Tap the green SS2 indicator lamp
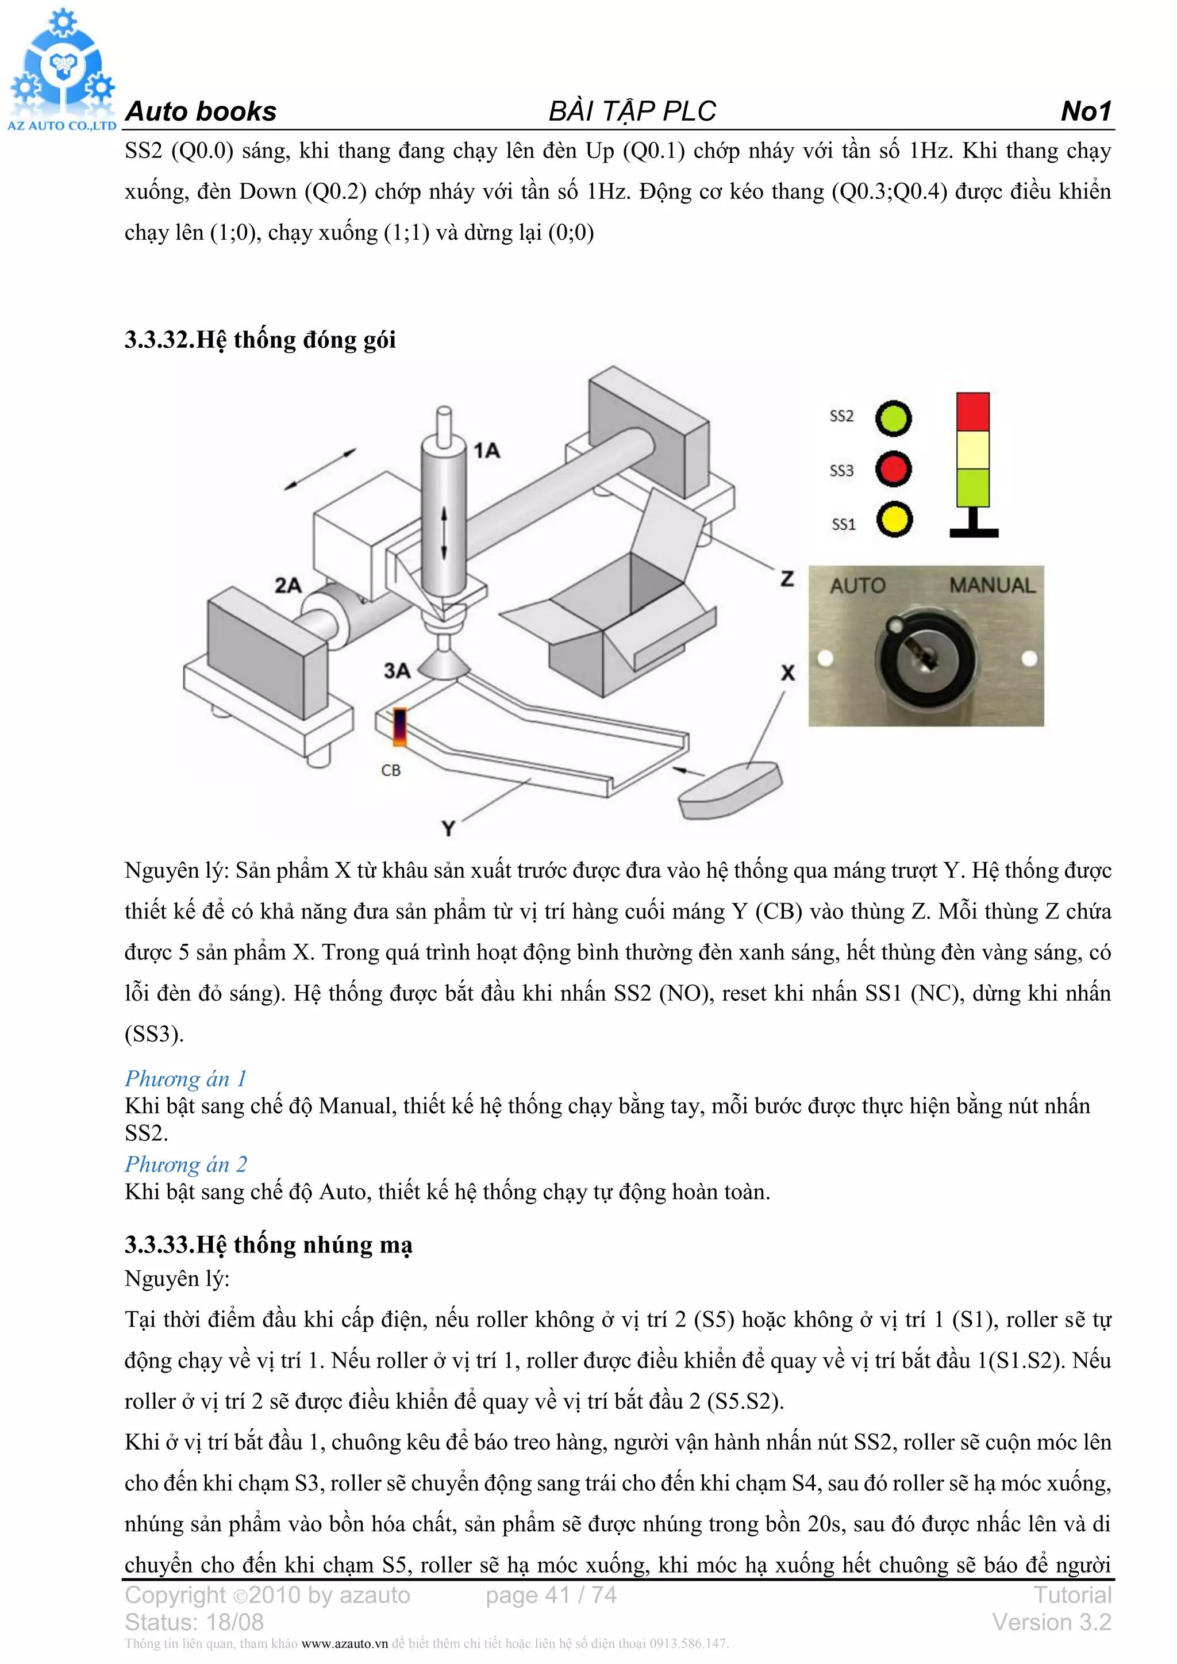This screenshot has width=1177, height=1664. pyautogui.click(x=893, y=418)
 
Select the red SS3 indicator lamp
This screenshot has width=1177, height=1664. pyautogui.click(x=893, y=469)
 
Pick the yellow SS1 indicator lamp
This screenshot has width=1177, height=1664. pyautogui.click(x=894, y=520)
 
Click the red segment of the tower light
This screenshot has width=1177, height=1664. pyautogui.click(x=972, y=412)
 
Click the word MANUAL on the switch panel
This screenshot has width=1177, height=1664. pyautogui.click(x=992, y=585)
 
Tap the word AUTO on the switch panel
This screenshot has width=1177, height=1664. pyautogui.click(x=857, y=586)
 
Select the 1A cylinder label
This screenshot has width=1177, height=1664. pyautogui.click(x=487, y=451)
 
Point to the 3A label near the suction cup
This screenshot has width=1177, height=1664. pyautogui.click(x=397, y=670)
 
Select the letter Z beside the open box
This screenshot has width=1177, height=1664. pyautogui.click(x=787, y=578)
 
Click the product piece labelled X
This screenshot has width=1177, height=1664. pyautogui.click(x=730, y=791)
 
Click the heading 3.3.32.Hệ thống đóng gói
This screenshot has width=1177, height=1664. pyautogui.click(x=260, y=340)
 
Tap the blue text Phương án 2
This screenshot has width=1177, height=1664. pyautogui.click(x=186, y=1164)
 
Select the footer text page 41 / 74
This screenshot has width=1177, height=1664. pyautogui.click(x=551, y=1595)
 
